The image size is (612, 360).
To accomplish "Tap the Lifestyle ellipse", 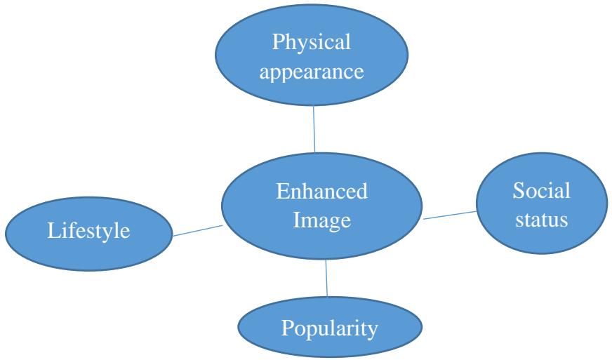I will [x=88, y=231].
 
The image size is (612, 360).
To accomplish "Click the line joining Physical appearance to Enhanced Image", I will [x=314, y=127].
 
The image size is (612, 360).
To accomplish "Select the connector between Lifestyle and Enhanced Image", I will [x=197, y=230].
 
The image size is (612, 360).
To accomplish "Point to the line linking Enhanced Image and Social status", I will [x=449, y=214].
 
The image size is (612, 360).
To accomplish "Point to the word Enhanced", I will [x=322, y=192].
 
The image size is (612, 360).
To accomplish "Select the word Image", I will [x=321, y=220].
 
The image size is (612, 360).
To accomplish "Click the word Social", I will [x=541, y=190].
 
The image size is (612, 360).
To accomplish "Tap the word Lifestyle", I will [x=88, y=232].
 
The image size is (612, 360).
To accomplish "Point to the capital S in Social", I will [x=517, y=190].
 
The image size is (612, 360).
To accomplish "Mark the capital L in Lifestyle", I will [x=52, y=232].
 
